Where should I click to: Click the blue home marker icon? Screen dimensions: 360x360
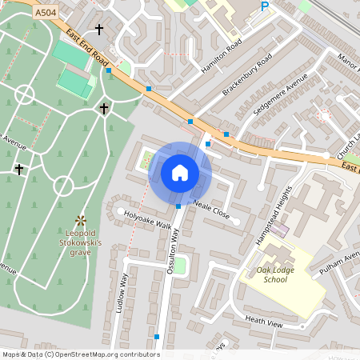point(180,172)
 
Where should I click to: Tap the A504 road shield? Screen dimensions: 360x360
point(46,14)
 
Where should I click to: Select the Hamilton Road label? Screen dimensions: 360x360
point(222,58)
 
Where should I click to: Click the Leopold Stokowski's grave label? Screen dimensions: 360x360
point(79,243)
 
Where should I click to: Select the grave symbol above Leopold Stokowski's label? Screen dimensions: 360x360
point(80,219)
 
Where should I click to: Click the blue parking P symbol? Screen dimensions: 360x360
point(265,7)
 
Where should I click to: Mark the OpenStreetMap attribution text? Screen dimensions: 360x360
point(80,354)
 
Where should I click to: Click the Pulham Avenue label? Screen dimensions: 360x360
point(342,265)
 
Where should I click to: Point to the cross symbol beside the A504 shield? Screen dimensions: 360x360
point(99,30)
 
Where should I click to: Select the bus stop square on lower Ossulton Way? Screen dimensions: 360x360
point(157,337)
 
